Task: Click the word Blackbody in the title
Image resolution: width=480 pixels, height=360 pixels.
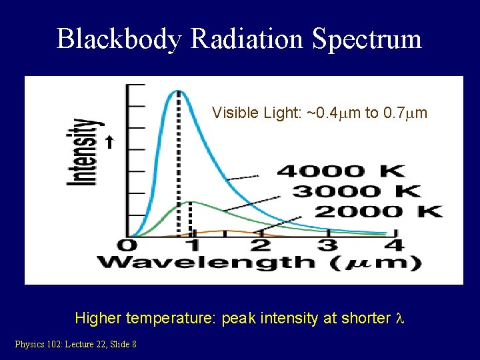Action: point(119,39)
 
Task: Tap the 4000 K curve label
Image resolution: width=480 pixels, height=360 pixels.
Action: point(340,171)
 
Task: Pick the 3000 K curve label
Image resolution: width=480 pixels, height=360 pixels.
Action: point(357,191)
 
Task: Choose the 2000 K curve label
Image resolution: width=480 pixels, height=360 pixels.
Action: point(378,212)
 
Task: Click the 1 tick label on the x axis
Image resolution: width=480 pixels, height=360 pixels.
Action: point(193,245)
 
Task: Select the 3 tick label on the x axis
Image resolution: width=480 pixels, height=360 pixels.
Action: point(327,245)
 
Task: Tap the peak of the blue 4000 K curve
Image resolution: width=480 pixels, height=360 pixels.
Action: point(177,91)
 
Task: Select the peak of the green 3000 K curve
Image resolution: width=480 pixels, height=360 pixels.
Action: point(191,201)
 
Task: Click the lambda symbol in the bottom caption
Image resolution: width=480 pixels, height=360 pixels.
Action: point(400,318)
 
